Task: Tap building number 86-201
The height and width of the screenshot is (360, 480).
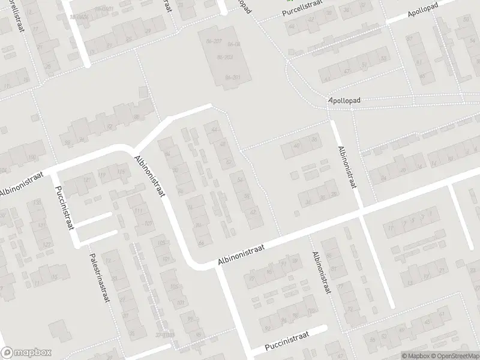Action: tap(232, 77)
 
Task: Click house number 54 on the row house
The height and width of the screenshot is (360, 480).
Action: tap(240, 179)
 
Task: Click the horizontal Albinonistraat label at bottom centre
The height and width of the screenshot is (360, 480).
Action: tap(241, 256)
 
